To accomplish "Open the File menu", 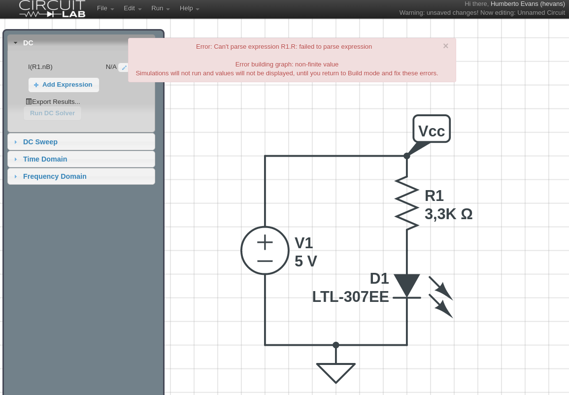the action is coord(105,8).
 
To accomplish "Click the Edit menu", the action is coord(133,8).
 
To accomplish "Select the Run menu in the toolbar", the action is coord(161,8).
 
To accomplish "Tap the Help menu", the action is coord(190,8).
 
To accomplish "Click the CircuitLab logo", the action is coord(52,9).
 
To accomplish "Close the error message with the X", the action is coord(446,46).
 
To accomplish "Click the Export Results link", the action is coord(53,102).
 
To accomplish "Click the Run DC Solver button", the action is coord(52,113).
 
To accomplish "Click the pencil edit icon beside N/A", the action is coord(124,67).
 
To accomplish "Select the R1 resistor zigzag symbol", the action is coord(407,203).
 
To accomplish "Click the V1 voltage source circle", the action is coord(265,251).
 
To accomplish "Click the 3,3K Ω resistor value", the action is coord(448,214).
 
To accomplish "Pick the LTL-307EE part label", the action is coord(351,297).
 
